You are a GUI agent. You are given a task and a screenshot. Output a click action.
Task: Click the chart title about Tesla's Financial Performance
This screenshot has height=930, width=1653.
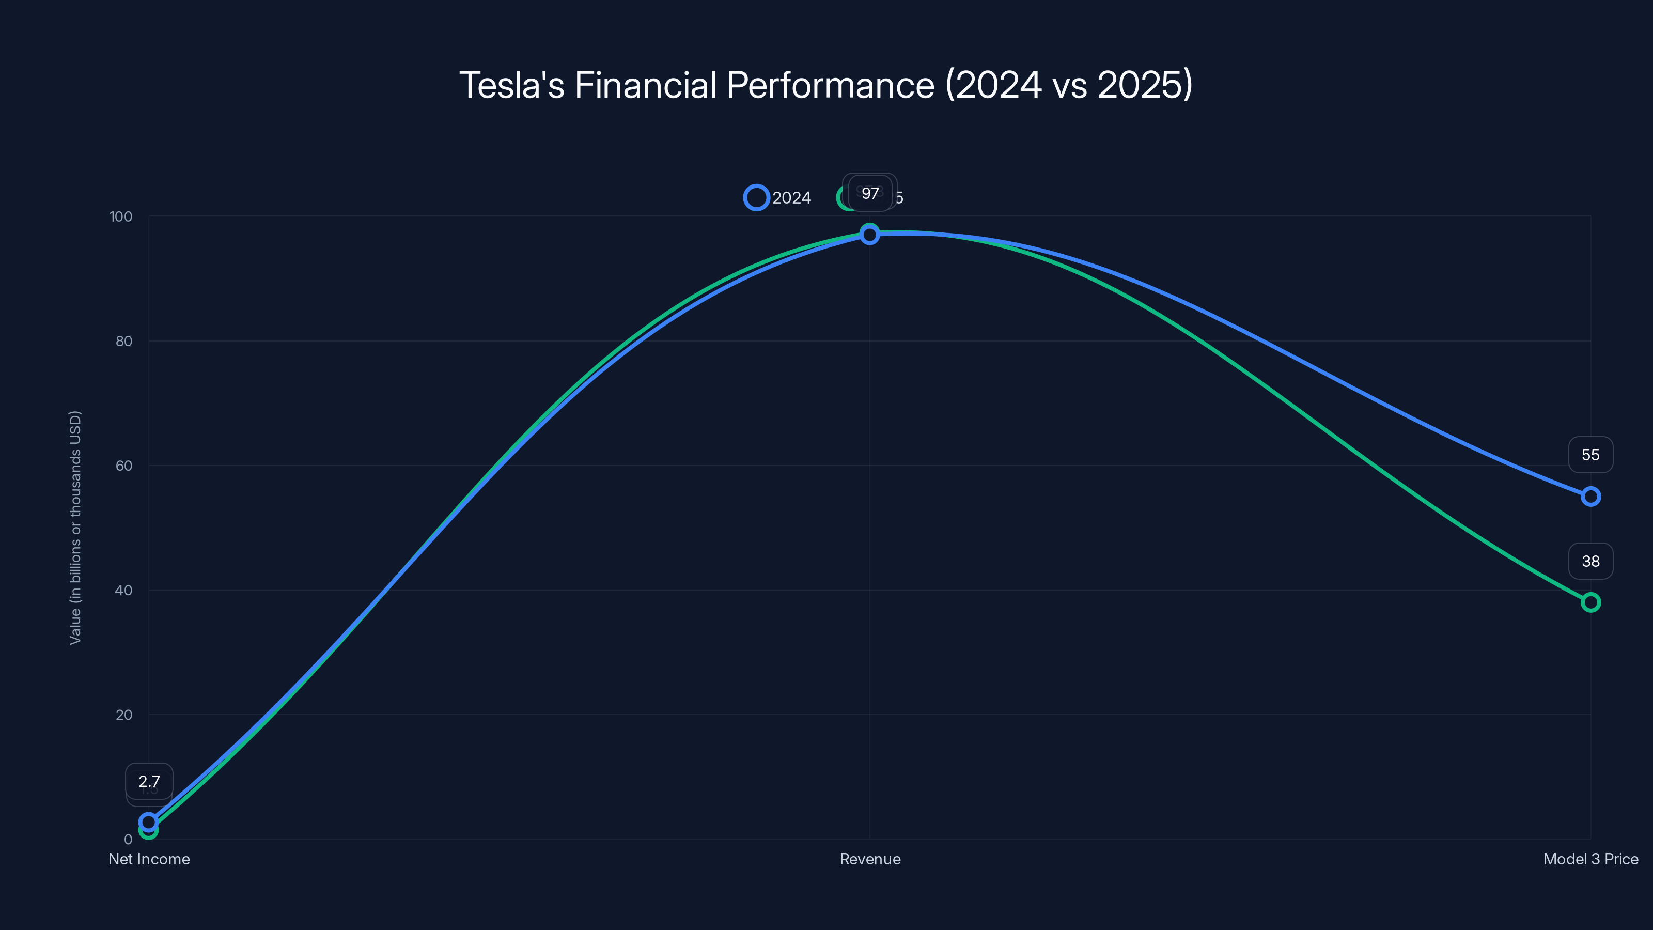[x=826, y=85]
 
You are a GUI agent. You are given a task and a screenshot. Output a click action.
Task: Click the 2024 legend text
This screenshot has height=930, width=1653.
[x=791, y=198]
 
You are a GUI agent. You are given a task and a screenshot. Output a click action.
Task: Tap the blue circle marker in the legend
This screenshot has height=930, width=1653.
[x=757, y=198]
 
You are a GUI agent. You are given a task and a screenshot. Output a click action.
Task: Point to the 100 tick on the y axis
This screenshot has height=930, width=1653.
[x=121, y=216]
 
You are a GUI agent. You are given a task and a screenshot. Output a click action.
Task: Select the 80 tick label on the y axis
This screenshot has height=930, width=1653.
[x=124, y=341]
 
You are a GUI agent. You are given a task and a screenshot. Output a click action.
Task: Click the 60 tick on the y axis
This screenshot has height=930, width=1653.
[x=124, y=466]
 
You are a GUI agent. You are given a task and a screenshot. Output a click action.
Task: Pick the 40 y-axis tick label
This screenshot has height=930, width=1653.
[x=124, y=590]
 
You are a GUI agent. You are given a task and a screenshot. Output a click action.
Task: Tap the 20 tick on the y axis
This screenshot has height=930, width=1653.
[x=124, y=715]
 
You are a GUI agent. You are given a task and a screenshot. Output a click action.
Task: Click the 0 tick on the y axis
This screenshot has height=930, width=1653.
[x=128, y=839]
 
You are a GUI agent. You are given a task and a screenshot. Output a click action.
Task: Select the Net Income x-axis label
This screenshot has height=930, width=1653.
[x=149, y=859]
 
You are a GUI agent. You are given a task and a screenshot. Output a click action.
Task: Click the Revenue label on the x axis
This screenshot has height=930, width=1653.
[x=869, y=859]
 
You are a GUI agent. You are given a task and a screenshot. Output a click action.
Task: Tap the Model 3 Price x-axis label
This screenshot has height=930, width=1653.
[x=1590, y=859]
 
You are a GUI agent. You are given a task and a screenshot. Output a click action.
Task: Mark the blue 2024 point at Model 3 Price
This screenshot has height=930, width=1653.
[x=1590, y=496]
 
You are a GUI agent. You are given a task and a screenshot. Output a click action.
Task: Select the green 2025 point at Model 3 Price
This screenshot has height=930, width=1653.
[x=1590, y=602]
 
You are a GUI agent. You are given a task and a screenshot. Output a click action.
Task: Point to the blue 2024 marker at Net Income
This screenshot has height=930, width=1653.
[x=149, y=822]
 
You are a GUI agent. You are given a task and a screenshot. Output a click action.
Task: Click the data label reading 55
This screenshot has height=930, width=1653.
[x=1590, y=455]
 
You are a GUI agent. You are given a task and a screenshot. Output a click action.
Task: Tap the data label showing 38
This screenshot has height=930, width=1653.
[x=1590, y=561]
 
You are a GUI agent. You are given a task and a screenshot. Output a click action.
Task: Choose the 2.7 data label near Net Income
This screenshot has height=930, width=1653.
[x=149, y=781]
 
